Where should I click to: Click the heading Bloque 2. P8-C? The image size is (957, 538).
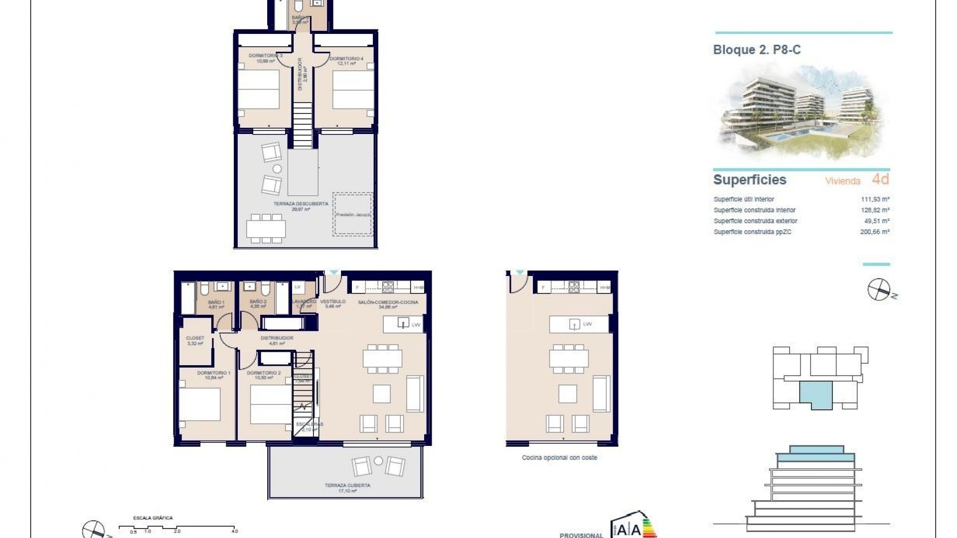[757, 50]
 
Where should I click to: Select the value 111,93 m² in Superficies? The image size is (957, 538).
[875, 199]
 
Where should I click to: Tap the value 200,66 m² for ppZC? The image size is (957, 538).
[875, 232]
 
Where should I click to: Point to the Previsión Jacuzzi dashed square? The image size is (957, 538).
[353, 214]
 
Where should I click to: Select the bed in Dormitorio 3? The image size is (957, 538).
[258, 90]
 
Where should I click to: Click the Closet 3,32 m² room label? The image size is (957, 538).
[195, 340]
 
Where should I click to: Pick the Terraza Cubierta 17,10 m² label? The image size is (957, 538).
[347, 488]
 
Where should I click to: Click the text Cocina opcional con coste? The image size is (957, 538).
[559, 457]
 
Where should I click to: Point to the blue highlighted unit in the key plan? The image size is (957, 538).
[816, 395]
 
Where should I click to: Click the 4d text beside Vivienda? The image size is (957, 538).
[880, 179]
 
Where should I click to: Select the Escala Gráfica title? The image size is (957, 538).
[153, 518]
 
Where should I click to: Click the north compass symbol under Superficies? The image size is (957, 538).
[879, 289]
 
